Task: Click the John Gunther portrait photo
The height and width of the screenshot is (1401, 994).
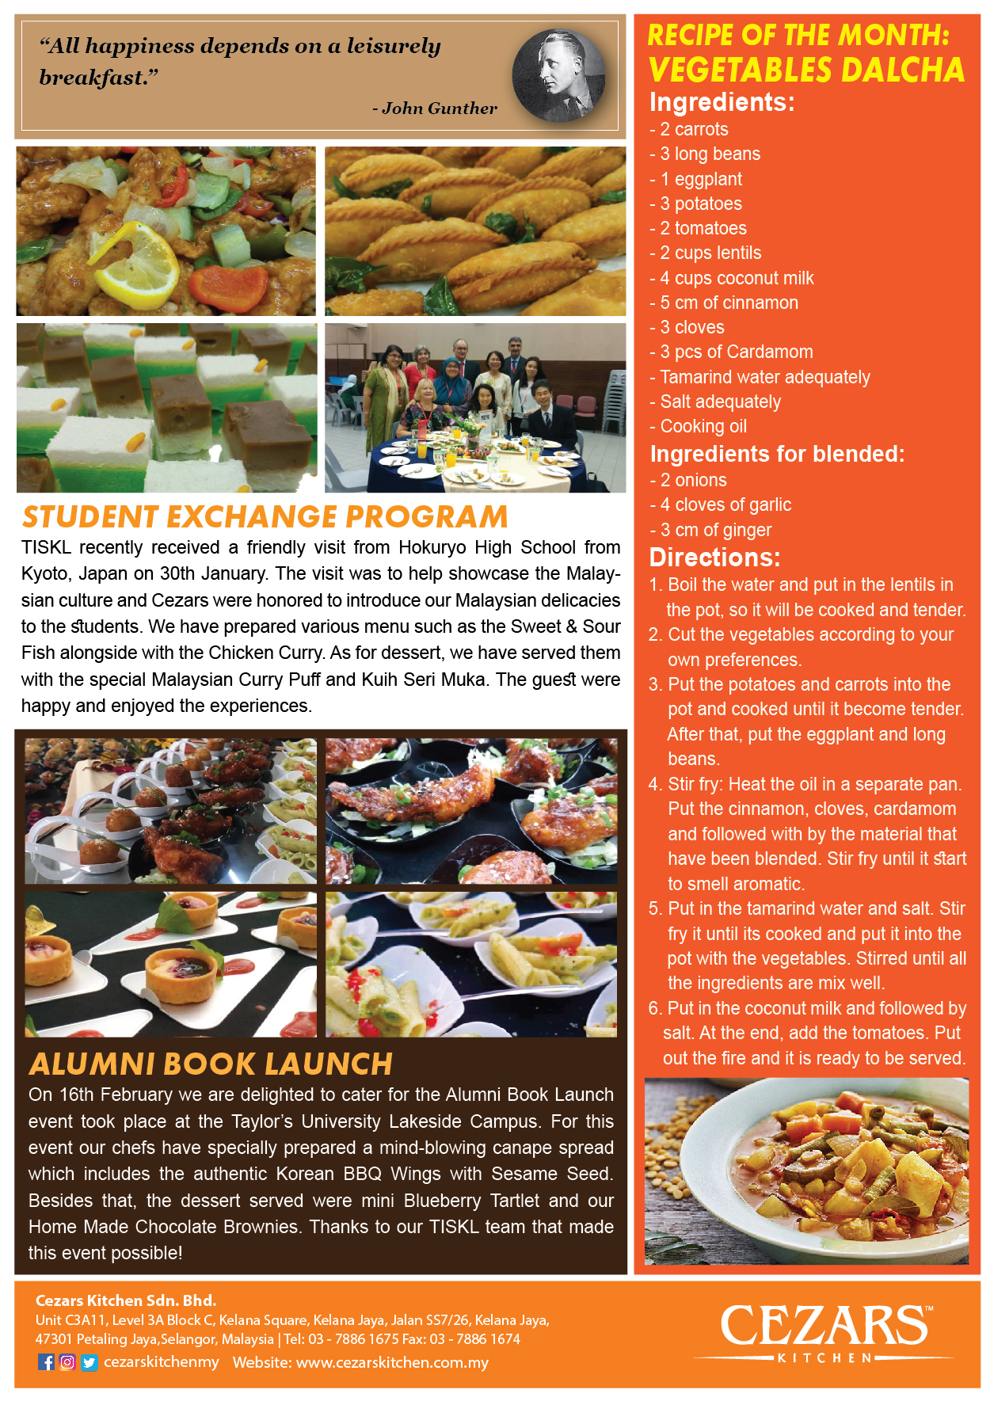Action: click(x=559, y=75)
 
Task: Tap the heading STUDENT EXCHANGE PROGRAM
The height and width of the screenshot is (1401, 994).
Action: click(x=265, y=516)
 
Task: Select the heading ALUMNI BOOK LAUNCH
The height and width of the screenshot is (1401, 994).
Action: click(x=211, y=1064)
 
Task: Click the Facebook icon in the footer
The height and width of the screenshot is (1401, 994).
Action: click(x=47, y=1362)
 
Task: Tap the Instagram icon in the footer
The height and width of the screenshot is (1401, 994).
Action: click(x=67, y=1362)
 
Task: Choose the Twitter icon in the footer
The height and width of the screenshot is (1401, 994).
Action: click(x=89, y=1362)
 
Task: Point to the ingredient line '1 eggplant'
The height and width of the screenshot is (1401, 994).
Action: click(x=700, y=179)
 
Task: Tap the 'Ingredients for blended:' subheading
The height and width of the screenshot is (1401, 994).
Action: click(x=777, y=454)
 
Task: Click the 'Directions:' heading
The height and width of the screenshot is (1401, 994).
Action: click(x=714, y=558)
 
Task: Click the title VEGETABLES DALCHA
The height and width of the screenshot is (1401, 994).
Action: click(x=806, y=70)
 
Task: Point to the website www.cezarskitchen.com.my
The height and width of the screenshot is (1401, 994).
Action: click(x=392, y=1362)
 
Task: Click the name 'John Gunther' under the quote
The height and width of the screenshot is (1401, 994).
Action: click(x=439, y=109)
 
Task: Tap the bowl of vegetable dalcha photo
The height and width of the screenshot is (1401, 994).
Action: click(x=806, y=1171)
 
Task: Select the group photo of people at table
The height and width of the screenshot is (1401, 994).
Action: click(x=475, y=407)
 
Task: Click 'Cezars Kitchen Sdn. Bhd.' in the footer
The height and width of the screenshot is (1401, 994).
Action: click(x=126, y=1300)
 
